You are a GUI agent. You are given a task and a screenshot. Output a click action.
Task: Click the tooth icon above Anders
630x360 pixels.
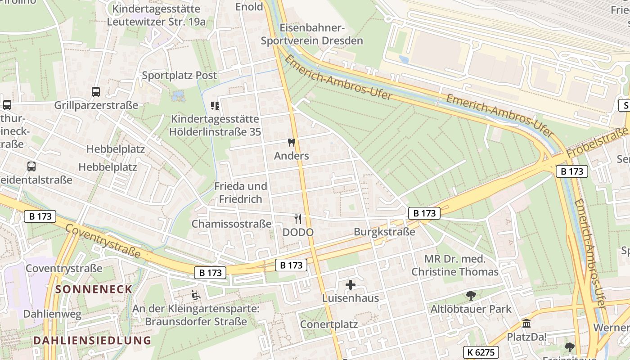(x=291, y=143)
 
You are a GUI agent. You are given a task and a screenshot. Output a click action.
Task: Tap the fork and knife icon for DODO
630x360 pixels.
(x=297, y=219)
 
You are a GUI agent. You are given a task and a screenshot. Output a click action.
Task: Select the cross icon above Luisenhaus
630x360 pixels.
(x=351, y=285)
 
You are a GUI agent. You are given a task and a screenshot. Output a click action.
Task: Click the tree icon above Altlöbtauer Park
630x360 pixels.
(x=471, y=296)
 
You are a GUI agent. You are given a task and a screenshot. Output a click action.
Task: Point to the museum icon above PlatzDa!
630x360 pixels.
(x=526, y=323)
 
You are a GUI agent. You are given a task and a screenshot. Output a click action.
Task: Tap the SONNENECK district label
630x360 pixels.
(x=94, y=289)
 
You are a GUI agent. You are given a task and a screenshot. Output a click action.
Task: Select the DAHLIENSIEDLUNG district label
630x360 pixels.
(x=92, y=340)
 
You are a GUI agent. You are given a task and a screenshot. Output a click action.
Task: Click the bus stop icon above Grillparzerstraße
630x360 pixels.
(x=96, y=92)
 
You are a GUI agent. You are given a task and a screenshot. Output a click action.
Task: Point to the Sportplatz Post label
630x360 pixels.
(x=179, y=75)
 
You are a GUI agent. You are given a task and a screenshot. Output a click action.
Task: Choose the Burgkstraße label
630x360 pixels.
(x=384, y=232)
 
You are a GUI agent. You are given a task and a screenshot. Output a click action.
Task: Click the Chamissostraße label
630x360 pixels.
(x=231, y=224)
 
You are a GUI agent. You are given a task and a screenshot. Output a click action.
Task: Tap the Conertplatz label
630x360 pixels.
(x=328, y=324)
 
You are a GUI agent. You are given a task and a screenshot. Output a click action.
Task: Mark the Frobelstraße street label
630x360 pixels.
(x=597, y=142)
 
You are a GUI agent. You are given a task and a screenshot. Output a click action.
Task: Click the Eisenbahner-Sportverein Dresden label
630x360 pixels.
(x=312, y=34)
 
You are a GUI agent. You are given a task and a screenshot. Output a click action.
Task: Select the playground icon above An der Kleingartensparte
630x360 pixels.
(x=196, y=296)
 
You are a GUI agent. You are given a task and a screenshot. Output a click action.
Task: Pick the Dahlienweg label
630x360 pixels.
(x=52, y=314)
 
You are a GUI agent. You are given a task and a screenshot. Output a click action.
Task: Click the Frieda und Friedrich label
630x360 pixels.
(x=240, y=192)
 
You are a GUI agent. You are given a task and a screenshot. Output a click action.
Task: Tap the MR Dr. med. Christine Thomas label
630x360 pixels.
(x=455, y=265)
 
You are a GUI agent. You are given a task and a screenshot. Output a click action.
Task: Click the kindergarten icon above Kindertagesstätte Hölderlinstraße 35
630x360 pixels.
(x=215, y=106)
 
